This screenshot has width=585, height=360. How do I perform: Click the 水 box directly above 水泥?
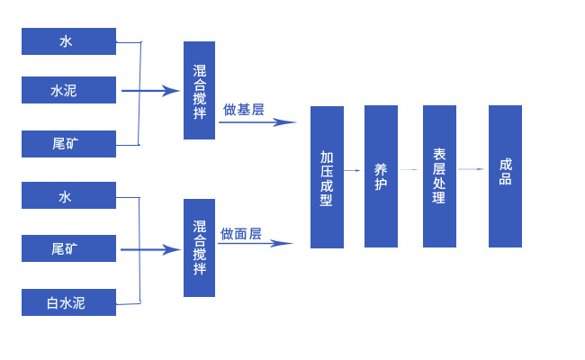click(68, 41)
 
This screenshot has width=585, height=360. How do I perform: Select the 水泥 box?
click(68, 90)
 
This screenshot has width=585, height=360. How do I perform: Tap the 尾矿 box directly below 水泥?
click(68, 143)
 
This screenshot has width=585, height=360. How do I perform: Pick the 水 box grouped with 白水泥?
click(68, 196)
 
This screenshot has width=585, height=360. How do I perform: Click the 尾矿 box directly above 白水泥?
click(68, 248)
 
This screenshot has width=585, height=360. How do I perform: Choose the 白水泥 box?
click(68, 302)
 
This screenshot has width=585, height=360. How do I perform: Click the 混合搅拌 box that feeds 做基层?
click(199, 90)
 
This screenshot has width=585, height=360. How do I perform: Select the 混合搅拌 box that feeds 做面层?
click(199, 248)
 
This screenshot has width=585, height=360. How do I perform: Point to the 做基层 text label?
click(243, 110)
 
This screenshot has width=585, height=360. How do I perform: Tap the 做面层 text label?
click(241, 233)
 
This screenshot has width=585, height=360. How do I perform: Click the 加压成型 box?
click(327, 177)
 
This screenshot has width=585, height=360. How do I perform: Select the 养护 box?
click(381, 175)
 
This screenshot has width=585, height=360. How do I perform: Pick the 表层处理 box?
click(439, 175)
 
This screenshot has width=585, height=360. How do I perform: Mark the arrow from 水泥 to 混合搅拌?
click(151, 90)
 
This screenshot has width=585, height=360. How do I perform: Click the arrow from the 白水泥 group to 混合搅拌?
click(151, 249)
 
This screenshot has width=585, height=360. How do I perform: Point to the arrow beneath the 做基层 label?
click(257, 122)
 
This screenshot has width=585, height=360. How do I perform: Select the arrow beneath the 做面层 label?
click(256, 243)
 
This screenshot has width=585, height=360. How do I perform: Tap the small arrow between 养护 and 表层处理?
click(409, 169)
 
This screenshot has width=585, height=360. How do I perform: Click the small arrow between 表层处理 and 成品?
click(472, 169)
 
